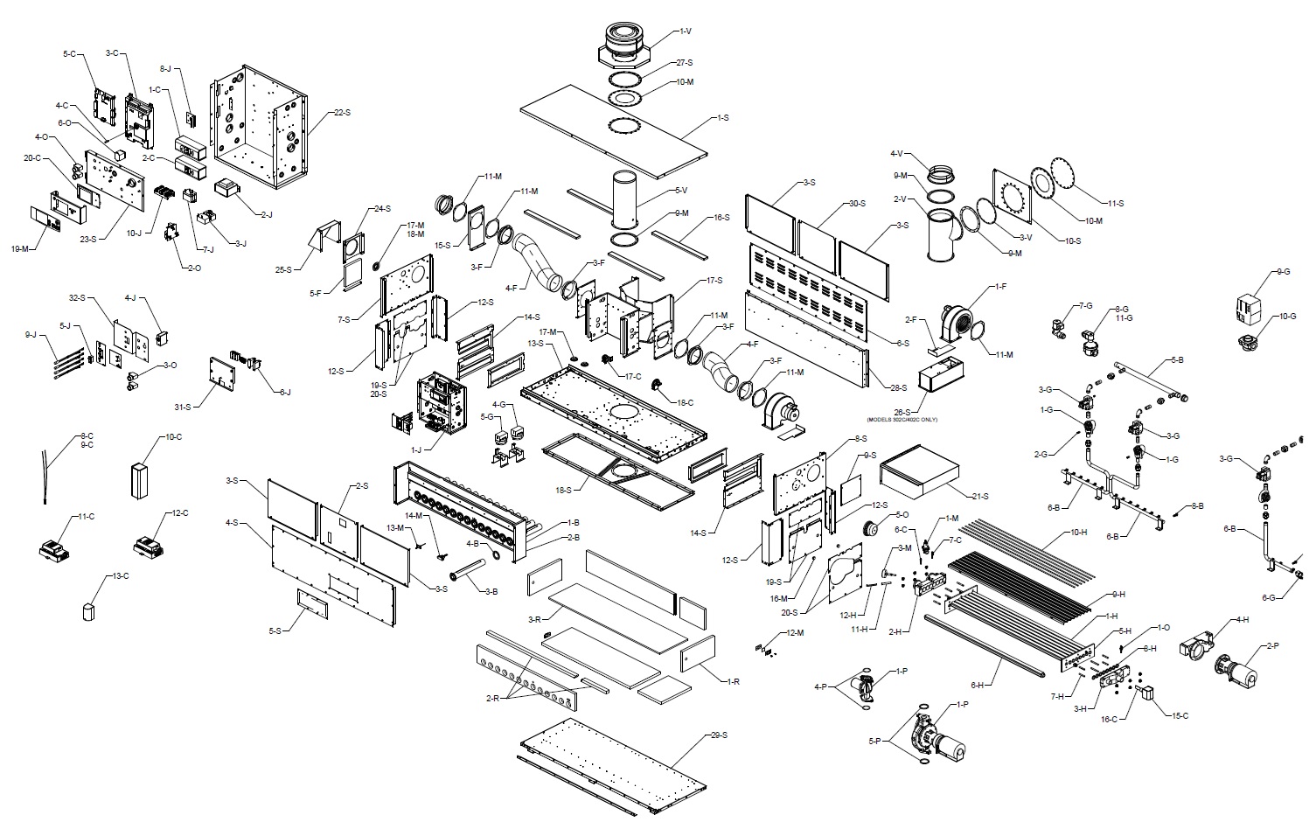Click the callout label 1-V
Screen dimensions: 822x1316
pyautogui.click(x=685, y=31)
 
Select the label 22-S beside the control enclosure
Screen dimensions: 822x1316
pyautogui.click(x=341, y=112)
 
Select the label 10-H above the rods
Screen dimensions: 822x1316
pyautogui.click(x=1078, y=533)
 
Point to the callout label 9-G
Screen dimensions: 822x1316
pyautogui.click(x=1283, y=272)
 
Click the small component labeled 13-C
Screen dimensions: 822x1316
pyautogui.click(x=87, y=610)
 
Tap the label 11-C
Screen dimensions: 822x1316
pyautogui.click(x=85, y=517)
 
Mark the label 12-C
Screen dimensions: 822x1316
pyautogui.click(x=179, y=513)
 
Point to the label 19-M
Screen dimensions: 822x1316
pyautogui.click(x=20, y=248)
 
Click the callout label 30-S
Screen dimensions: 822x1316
pyautogui.click(x=856, y=204)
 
